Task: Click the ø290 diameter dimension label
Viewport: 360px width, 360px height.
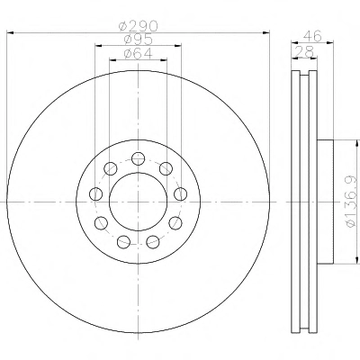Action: [x=138, y=26]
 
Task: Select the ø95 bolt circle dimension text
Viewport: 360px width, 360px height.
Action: [x=139, y=40]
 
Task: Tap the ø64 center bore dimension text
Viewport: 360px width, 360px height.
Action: [x=139, y=53]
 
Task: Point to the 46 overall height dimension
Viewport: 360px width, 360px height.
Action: [x=312, y=36]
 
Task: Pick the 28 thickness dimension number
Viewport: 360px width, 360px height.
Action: [x=303, y=51]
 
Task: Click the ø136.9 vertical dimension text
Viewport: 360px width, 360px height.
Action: [x=351, y=202]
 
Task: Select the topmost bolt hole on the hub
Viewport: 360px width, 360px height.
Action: [x=139, y=158]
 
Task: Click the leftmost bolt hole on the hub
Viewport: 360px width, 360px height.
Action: [x=95, y=193]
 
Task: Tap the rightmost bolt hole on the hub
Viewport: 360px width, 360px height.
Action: [x=181, y=193]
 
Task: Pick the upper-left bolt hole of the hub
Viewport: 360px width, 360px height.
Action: [x=110, y=168]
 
